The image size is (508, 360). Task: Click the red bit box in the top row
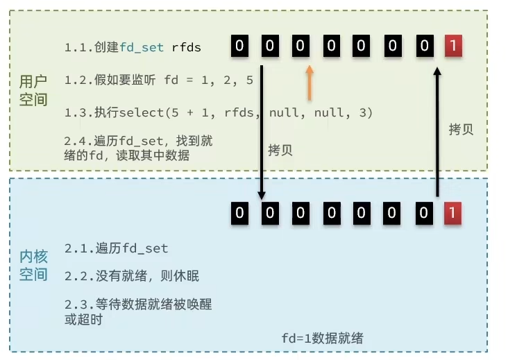[x=453, y=46]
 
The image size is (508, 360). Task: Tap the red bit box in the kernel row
[x=452, y=213]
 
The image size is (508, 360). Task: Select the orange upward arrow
[x=310, y=83]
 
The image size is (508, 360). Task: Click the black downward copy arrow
[x=262, y=132]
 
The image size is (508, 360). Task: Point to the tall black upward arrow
[x=437, y=132]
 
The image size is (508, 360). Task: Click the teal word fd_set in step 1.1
[x=142, y=48]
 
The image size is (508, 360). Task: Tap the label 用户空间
[x=33, y=90]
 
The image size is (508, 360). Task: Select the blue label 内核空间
[x=33, y=266]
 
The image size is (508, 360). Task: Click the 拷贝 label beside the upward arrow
[x=461, y=130]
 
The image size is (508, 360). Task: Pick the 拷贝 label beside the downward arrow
[x=280, y=151]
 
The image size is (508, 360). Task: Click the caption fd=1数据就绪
[x=323, y=338]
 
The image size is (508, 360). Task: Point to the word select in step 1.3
[x=142, y=112]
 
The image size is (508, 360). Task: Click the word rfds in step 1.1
[x=186, y=48]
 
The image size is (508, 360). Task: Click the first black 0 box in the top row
[x=239, y=46]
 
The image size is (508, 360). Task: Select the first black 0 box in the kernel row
[x=239, y=213]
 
